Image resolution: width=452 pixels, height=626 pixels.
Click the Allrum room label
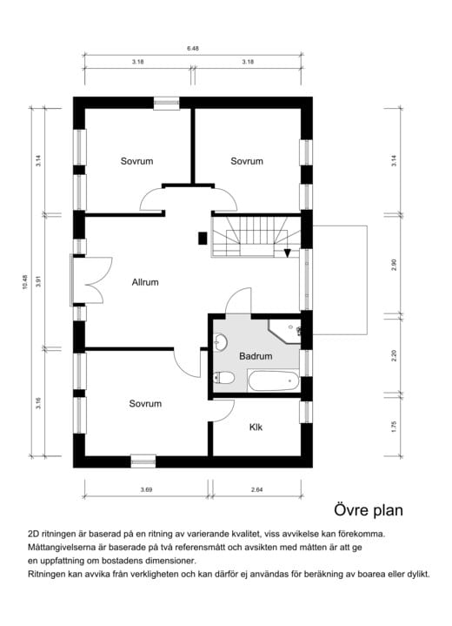click(x=145, y=282)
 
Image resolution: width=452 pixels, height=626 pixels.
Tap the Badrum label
click(x=256, y=356)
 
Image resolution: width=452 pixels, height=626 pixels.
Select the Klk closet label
click(x=256, y=427)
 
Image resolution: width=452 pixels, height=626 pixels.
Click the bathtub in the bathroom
click(x=273, y=380)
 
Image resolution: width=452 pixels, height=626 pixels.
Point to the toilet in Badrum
click(x=223, y=377)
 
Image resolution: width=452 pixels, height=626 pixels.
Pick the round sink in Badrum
click(x=221, y=341)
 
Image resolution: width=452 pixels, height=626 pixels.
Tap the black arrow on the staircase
click(x=288, y=253)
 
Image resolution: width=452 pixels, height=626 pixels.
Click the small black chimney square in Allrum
click(x=202, y=237)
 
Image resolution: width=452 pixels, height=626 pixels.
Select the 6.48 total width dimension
click(x=193, y=49)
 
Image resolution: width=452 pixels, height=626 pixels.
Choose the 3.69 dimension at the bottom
click(x=146, y=491)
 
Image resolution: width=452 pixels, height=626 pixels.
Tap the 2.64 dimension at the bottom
click(x=256, y=491)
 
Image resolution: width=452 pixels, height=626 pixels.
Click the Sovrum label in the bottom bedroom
click(x=145, y=403)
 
